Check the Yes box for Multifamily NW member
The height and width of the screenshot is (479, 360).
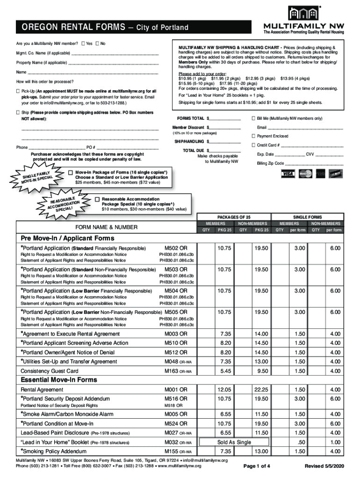[83, 44]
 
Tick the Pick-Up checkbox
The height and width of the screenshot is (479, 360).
[18, 91]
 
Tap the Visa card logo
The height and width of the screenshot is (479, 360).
[288, 174]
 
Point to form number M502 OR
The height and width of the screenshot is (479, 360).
[176, 248]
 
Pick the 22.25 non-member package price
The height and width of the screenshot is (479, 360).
[260, 390]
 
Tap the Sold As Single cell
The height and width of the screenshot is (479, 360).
[234, 442]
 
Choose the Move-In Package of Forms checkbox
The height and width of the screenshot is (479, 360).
[70, 172]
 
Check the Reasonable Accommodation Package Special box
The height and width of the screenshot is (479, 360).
[97, 199]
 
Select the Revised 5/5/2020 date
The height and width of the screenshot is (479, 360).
[324, 466]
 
